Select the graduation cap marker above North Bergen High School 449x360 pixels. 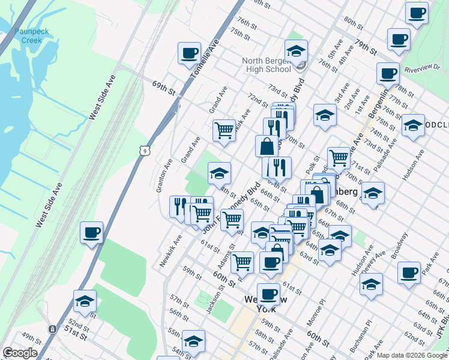click(296, 52)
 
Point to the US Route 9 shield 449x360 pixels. click(145, 151)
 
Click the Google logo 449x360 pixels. click(20, 353)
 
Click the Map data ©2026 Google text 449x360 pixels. click(412, 355)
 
